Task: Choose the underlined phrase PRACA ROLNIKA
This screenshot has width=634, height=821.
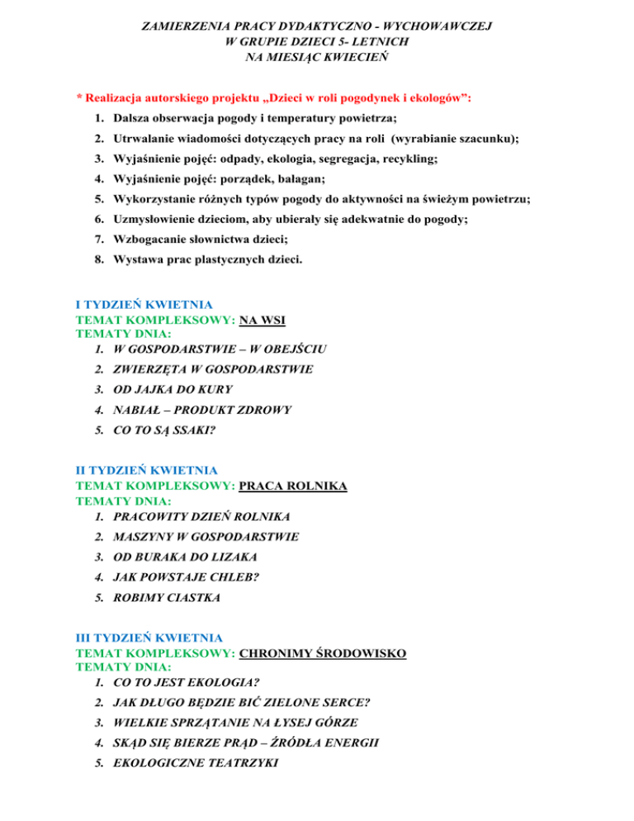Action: pyautogui.click(x=293, y=486)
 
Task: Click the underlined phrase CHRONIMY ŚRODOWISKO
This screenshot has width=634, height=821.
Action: pyautogui.click(x=322, y=653)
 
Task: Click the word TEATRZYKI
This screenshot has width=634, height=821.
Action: pyautogui.click(x=236, y=764)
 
